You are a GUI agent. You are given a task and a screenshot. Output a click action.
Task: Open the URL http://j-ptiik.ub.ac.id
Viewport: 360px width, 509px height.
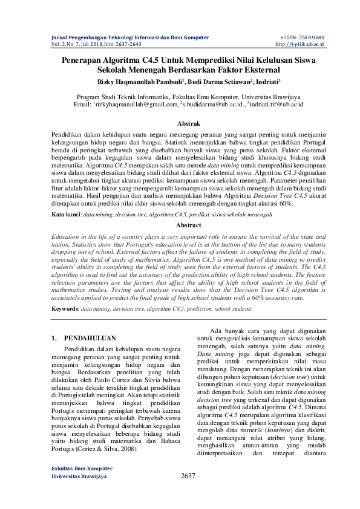pyautogui.click(x=300, y=44)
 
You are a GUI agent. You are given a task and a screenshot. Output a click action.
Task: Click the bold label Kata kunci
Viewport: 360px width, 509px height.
pyautogui.click(x=65, y=214)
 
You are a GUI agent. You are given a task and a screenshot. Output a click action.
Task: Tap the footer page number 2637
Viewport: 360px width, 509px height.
pyautogui.click(x=188, y=493)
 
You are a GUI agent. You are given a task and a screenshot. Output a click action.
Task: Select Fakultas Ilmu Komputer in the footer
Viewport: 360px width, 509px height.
pyautogui.click(x=78, y=485)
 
